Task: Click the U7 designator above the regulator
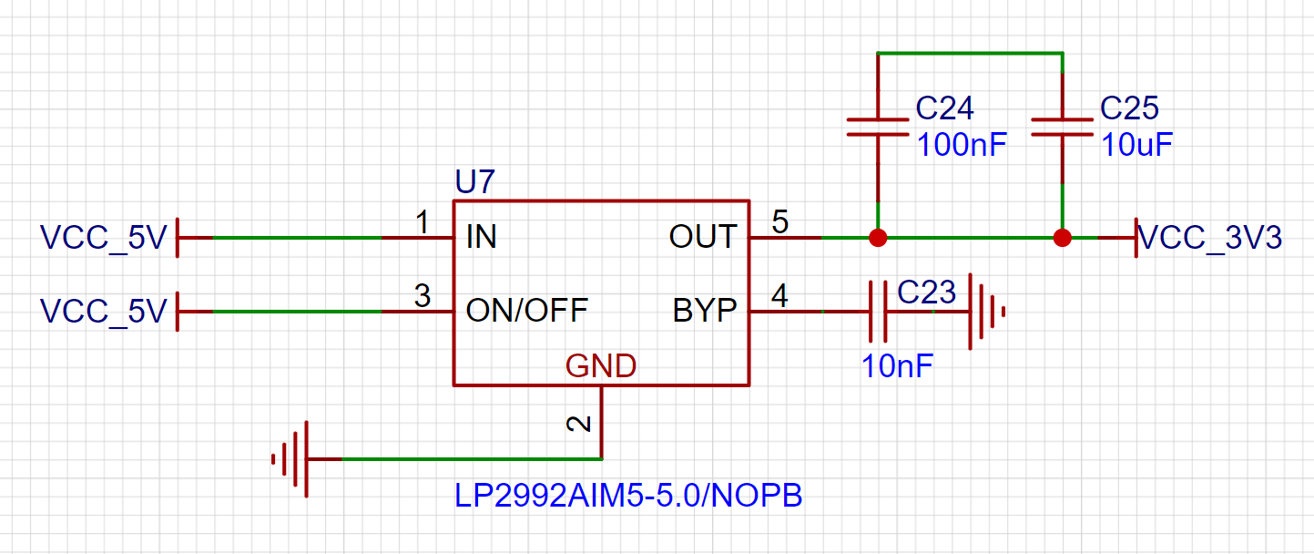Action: [x=474, y=182]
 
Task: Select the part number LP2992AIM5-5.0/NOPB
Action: [x=628, y=497]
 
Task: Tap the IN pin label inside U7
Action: [x=481, y=238]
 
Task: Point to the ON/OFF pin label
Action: [x=526, y=311]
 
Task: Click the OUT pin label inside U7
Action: [x=702, y=237]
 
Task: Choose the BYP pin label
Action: [x=704, y=311]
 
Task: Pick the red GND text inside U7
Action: [x=601, y=366]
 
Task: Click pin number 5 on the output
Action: [x=780, y=221]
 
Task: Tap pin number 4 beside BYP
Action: [x=780, y=295]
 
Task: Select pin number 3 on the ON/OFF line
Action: [x=422, y=295]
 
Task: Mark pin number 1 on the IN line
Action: [x=422, y=221]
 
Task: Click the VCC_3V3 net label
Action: [x=1211, y=238]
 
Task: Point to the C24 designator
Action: [x=944, y=109]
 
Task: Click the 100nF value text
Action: [x=962, y=145]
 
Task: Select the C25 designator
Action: [x=1129, y=109]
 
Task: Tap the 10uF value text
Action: [x=1136, y=145]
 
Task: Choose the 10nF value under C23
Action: [x=897, y=366]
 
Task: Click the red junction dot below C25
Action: [x=1062, y=239]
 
